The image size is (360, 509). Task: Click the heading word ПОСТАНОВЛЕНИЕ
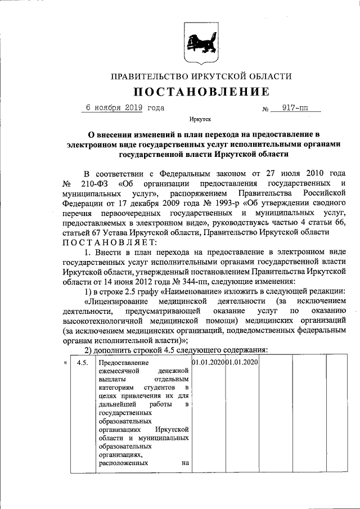(x=201, y=92)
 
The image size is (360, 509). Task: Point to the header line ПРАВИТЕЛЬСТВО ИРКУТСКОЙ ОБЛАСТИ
(x=201, y=76)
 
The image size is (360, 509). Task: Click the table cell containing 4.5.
(x=82, y=363)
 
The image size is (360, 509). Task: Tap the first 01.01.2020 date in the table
(x=208, y=362)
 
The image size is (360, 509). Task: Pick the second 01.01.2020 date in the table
(x=241, y=362)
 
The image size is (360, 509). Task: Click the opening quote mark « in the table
(x=65, y=363)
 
